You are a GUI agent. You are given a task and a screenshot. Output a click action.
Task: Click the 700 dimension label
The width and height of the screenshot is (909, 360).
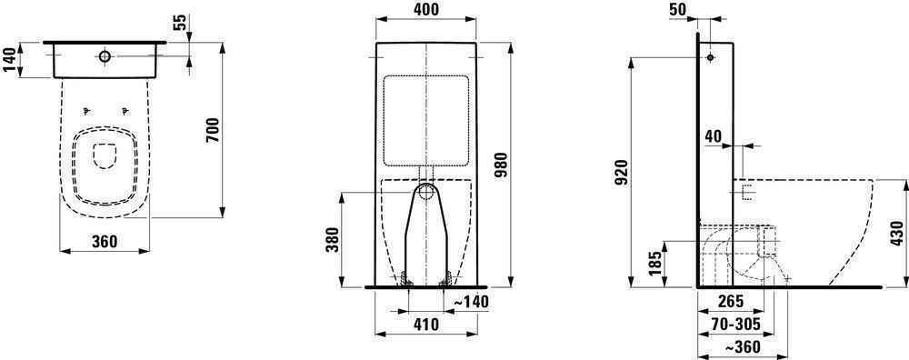coord(214,131)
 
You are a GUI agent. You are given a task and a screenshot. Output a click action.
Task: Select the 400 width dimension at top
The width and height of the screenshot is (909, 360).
coord(426,9)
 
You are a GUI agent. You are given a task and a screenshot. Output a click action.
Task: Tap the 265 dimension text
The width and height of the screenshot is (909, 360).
coord(729,302)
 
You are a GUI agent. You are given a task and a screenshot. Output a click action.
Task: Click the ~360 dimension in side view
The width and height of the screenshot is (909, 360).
coord(742,347)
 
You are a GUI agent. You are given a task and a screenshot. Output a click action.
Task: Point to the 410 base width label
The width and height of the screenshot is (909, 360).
coord(426,325)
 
